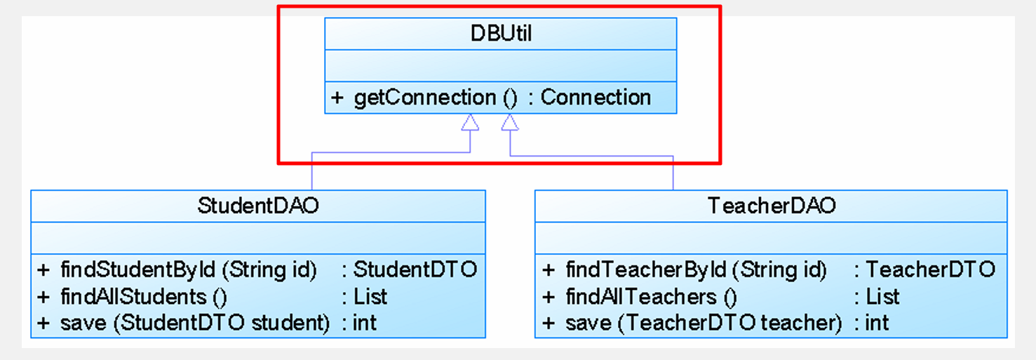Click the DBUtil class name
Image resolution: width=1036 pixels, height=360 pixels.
(501, 34)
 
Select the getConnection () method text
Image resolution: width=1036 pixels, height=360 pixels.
(435, 98)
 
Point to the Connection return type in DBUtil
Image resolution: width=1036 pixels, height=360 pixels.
(596, 98)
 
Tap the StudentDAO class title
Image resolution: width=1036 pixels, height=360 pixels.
(258, 206)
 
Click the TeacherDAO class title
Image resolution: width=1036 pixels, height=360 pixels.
(772, 206)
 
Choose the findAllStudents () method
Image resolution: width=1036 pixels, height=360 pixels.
(144, 296)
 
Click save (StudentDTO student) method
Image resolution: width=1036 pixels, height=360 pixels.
(195, 323)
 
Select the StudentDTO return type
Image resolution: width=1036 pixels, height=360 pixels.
(415, 269)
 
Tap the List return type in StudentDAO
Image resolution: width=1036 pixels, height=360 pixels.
(370, 296)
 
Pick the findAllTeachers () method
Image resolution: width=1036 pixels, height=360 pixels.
(652, 296)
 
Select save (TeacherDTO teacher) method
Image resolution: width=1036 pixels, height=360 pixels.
(704, 323)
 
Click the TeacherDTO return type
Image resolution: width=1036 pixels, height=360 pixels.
(931, 269)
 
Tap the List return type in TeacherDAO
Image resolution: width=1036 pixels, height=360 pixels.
(883, 296)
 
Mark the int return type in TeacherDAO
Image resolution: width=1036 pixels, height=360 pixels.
(877, 323)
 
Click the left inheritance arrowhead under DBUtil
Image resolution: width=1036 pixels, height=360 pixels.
(470, 123)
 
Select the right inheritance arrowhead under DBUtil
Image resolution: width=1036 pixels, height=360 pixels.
(510, 123)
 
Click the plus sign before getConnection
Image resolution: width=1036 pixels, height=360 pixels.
(337, 98)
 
